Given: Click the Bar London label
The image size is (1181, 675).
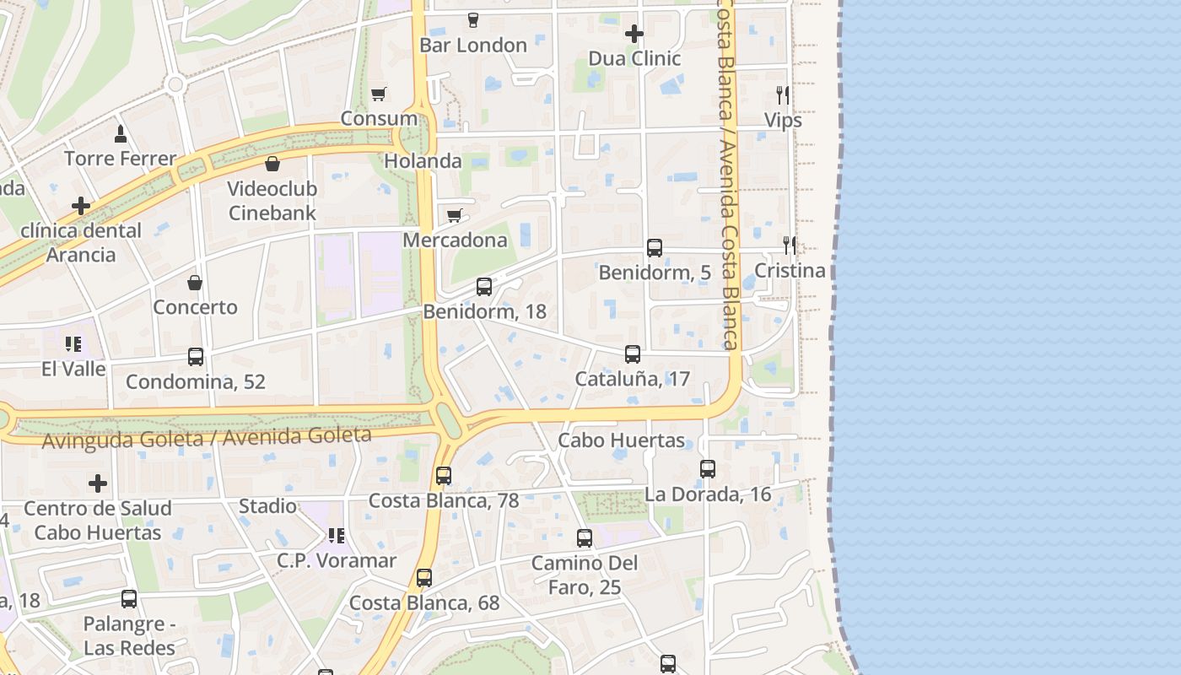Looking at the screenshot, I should click(472, 46).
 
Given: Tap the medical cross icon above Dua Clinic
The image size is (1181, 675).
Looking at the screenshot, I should click(634, 34).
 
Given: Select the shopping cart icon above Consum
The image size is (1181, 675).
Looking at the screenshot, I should click(379, 94).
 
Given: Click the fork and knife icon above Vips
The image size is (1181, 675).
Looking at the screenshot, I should click(783, 94).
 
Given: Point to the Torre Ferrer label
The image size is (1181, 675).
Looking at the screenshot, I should click(121, 159).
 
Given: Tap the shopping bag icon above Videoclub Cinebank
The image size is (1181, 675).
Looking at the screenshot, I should click(272, 164).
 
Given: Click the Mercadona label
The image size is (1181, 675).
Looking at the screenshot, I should click(455, 240).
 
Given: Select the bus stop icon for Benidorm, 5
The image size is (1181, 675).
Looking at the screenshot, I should click(655, 248).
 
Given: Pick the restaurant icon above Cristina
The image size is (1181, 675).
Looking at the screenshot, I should click(790, 246).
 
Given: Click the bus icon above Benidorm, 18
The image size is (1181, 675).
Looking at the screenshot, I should click(484, 287).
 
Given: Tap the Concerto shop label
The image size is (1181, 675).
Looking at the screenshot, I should click(195, 307).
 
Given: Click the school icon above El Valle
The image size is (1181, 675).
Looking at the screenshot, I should click(73, 344).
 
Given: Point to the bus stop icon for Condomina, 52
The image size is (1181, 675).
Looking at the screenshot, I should click(196, 357).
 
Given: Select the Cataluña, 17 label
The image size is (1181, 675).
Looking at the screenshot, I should click(632, 379).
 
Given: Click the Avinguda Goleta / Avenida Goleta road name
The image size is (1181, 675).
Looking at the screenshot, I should click(207, 438).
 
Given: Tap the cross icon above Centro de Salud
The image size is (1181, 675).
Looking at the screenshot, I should click(98, 483).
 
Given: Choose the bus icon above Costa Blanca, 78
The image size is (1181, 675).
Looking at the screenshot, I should click(444, 476).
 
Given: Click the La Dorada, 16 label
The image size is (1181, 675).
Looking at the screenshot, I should click(708, 494).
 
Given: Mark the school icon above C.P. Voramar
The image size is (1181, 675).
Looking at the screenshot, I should click(337, 536).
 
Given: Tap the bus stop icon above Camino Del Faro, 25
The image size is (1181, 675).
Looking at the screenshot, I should click(585, 538).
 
